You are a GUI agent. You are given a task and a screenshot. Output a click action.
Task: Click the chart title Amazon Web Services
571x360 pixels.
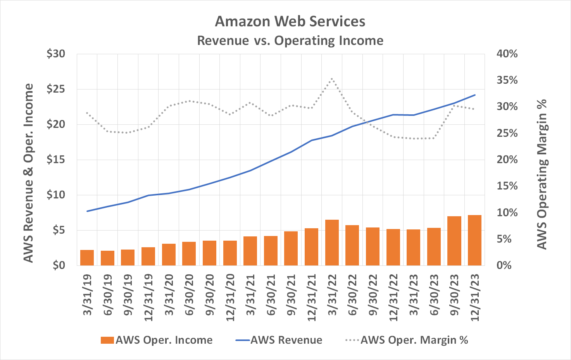pyautogui.click(x=290, y=21)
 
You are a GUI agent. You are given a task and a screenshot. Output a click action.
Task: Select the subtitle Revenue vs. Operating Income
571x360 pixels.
pyautogui.click(x=290, y=40)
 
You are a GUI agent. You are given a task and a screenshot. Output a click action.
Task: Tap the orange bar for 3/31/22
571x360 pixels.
pyautogui.click(x=332, y=243)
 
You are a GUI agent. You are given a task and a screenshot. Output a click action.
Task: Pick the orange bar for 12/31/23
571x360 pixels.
pyautogui.click(x=474, y=240)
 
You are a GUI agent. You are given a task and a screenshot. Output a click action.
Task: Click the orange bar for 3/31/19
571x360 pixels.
pyautogui.click(x=87, y=258)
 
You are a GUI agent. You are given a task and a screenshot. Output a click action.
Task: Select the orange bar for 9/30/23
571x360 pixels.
pyautogui.click(x=454, y=241)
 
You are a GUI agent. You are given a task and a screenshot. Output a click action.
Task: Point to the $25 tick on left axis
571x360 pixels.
pyautogui.click(x=56, y=89)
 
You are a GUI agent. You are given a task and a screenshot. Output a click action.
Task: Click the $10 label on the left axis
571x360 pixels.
pyautogui.click(x=56, y=195)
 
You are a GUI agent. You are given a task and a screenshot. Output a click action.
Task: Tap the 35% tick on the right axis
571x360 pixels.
pyautogui.click(x=507, y=80)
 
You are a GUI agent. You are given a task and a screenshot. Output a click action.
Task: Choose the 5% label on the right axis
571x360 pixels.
pyautogui.click(x=507, y=239)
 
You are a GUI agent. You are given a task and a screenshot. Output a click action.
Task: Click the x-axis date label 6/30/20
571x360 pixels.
pyautogui.click(x=190, y=295)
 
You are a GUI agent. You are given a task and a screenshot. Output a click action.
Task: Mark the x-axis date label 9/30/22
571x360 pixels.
pyautogui.click(x=373, y=295)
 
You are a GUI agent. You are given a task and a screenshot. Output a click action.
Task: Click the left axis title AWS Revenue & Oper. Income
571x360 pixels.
pyautogui.click(x=28, y=173)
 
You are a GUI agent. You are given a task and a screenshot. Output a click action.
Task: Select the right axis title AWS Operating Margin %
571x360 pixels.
pyautogui.click(x=542, y=174)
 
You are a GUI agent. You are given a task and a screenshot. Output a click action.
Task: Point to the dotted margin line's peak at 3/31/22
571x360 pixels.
pyautogui.click(x=332, y=79)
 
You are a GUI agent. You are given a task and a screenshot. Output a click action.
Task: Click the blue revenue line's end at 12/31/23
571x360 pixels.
pyautogui.click(x=474, y=95)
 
